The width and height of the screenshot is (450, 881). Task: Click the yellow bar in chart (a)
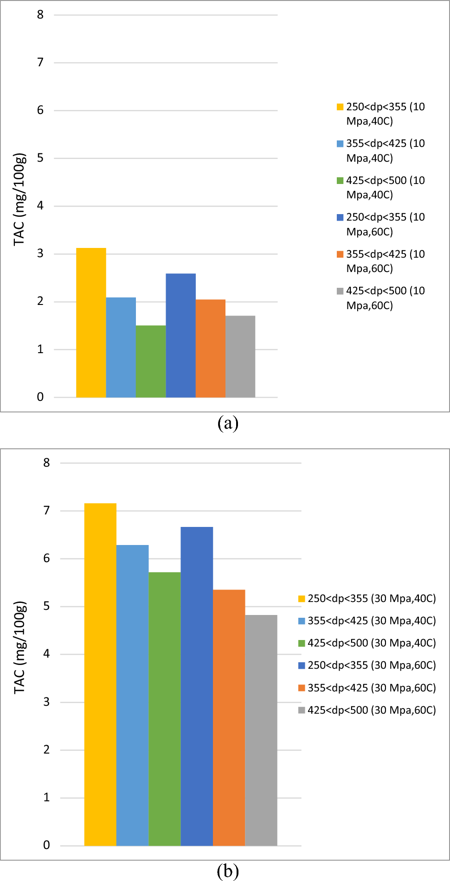[x=91, y=323]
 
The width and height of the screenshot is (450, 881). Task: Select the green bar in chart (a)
[x=151, y=361]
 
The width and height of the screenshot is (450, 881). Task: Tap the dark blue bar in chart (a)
[x=180, y=335]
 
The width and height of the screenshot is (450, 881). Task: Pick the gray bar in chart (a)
[x=240, y=356]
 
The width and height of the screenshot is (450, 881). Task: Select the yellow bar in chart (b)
[x=100, y=674]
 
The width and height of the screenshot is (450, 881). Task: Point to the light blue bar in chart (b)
[x=132, y=695]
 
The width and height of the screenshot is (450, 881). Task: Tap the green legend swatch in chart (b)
[x=302, y=643]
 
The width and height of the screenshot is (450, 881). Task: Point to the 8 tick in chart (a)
[x=40, y=15]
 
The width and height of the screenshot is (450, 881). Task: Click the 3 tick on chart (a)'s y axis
[x=40, y=254]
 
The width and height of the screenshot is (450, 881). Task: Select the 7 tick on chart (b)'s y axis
[x=46, y=510]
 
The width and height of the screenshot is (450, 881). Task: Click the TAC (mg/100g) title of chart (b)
[x=20, y=647]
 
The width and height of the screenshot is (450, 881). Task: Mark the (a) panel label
[x=228, y=423]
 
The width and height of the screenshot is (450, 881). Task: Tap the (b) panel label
[x=228, y=872]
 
